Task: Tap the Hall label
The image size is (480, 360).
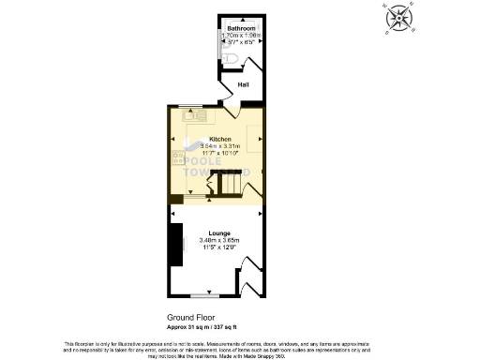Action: point(242,84)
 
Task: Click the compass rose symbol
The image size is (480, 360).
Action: point(399,19)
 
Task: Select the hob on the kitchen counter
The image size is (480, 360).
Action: point(178,158)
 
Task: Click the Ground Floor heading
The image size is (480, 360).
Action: point(192,317)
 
